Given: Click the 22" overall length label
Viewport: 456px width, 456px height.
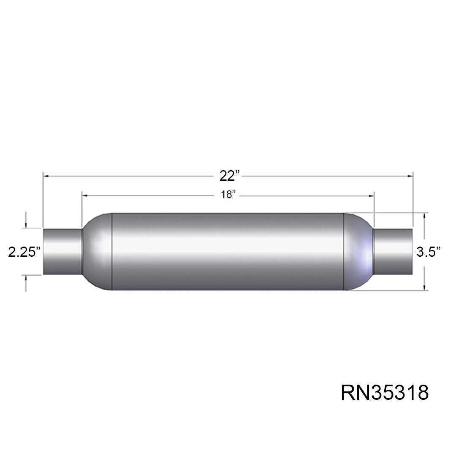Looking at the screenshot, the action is (x=229, y=176).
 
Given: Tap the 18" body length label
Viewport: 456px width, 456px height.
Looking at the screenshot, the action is (x=228, y=194).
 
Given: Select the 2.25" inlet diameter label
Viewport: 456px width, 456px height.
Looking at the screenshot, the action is (x=24, y=251).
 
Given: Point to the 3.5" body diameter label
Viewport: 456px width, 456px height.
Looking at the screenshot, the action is (x=428, y=251).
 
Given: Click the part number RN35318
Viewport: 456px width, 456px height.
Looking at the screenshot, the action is (x=385, y=392).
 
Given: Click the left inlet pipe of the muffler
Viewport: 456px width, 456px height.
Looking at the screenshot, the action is (x=62, y=251).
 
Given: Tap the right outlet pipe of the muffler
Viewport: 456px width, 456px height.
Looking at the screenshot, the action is (x=393, y=251).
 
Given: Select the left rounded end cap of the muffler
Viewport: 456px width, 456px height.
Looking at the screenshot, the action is (x=97, y=252).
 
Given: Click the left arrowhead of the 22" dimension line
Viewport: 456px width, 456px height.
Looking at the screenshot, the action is (x=46, y=176).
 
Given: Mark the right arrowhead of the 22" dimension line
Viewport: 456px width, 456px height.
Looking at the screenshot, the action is (x=410, y=176).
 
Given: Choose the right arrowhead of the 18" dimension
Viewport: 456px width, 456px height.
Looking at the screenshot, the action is (x=372, y=196).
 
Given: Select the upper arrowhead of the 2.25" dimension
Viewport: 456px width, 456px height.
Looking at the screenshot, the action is (x=26, y=225).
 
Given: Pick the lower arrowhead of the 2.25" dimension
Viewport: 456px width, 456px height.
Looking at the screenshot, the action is (x=26, y=278).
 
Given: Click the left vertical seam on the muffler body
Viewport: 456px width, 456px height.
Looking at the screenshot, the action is (x=112, y=252).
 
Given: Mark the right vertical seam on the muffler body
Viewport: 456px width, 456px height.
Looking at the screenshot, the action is (x=344, y=252).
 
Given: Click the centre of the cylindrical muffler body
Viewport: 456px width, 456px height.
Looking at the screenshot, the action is (x=228, y=252).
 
